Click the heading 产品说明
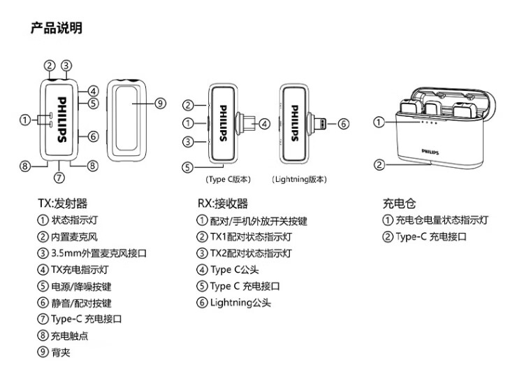click(56, 29)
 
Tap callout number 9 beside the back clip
click(160, 104)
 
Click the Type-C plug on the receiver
click(245, 124)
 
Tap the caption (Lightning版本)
click(299, 180)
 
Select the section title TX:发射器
click(63, 204)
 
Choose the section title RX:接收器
click(223, 204)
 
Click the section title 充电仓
click(399, 204)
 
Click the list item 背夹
click(61, 353)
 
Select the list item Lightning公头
click(240, 303)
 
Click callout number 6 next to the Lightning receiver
click(343, 124)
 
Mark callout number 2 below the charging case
click(379, 165)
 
